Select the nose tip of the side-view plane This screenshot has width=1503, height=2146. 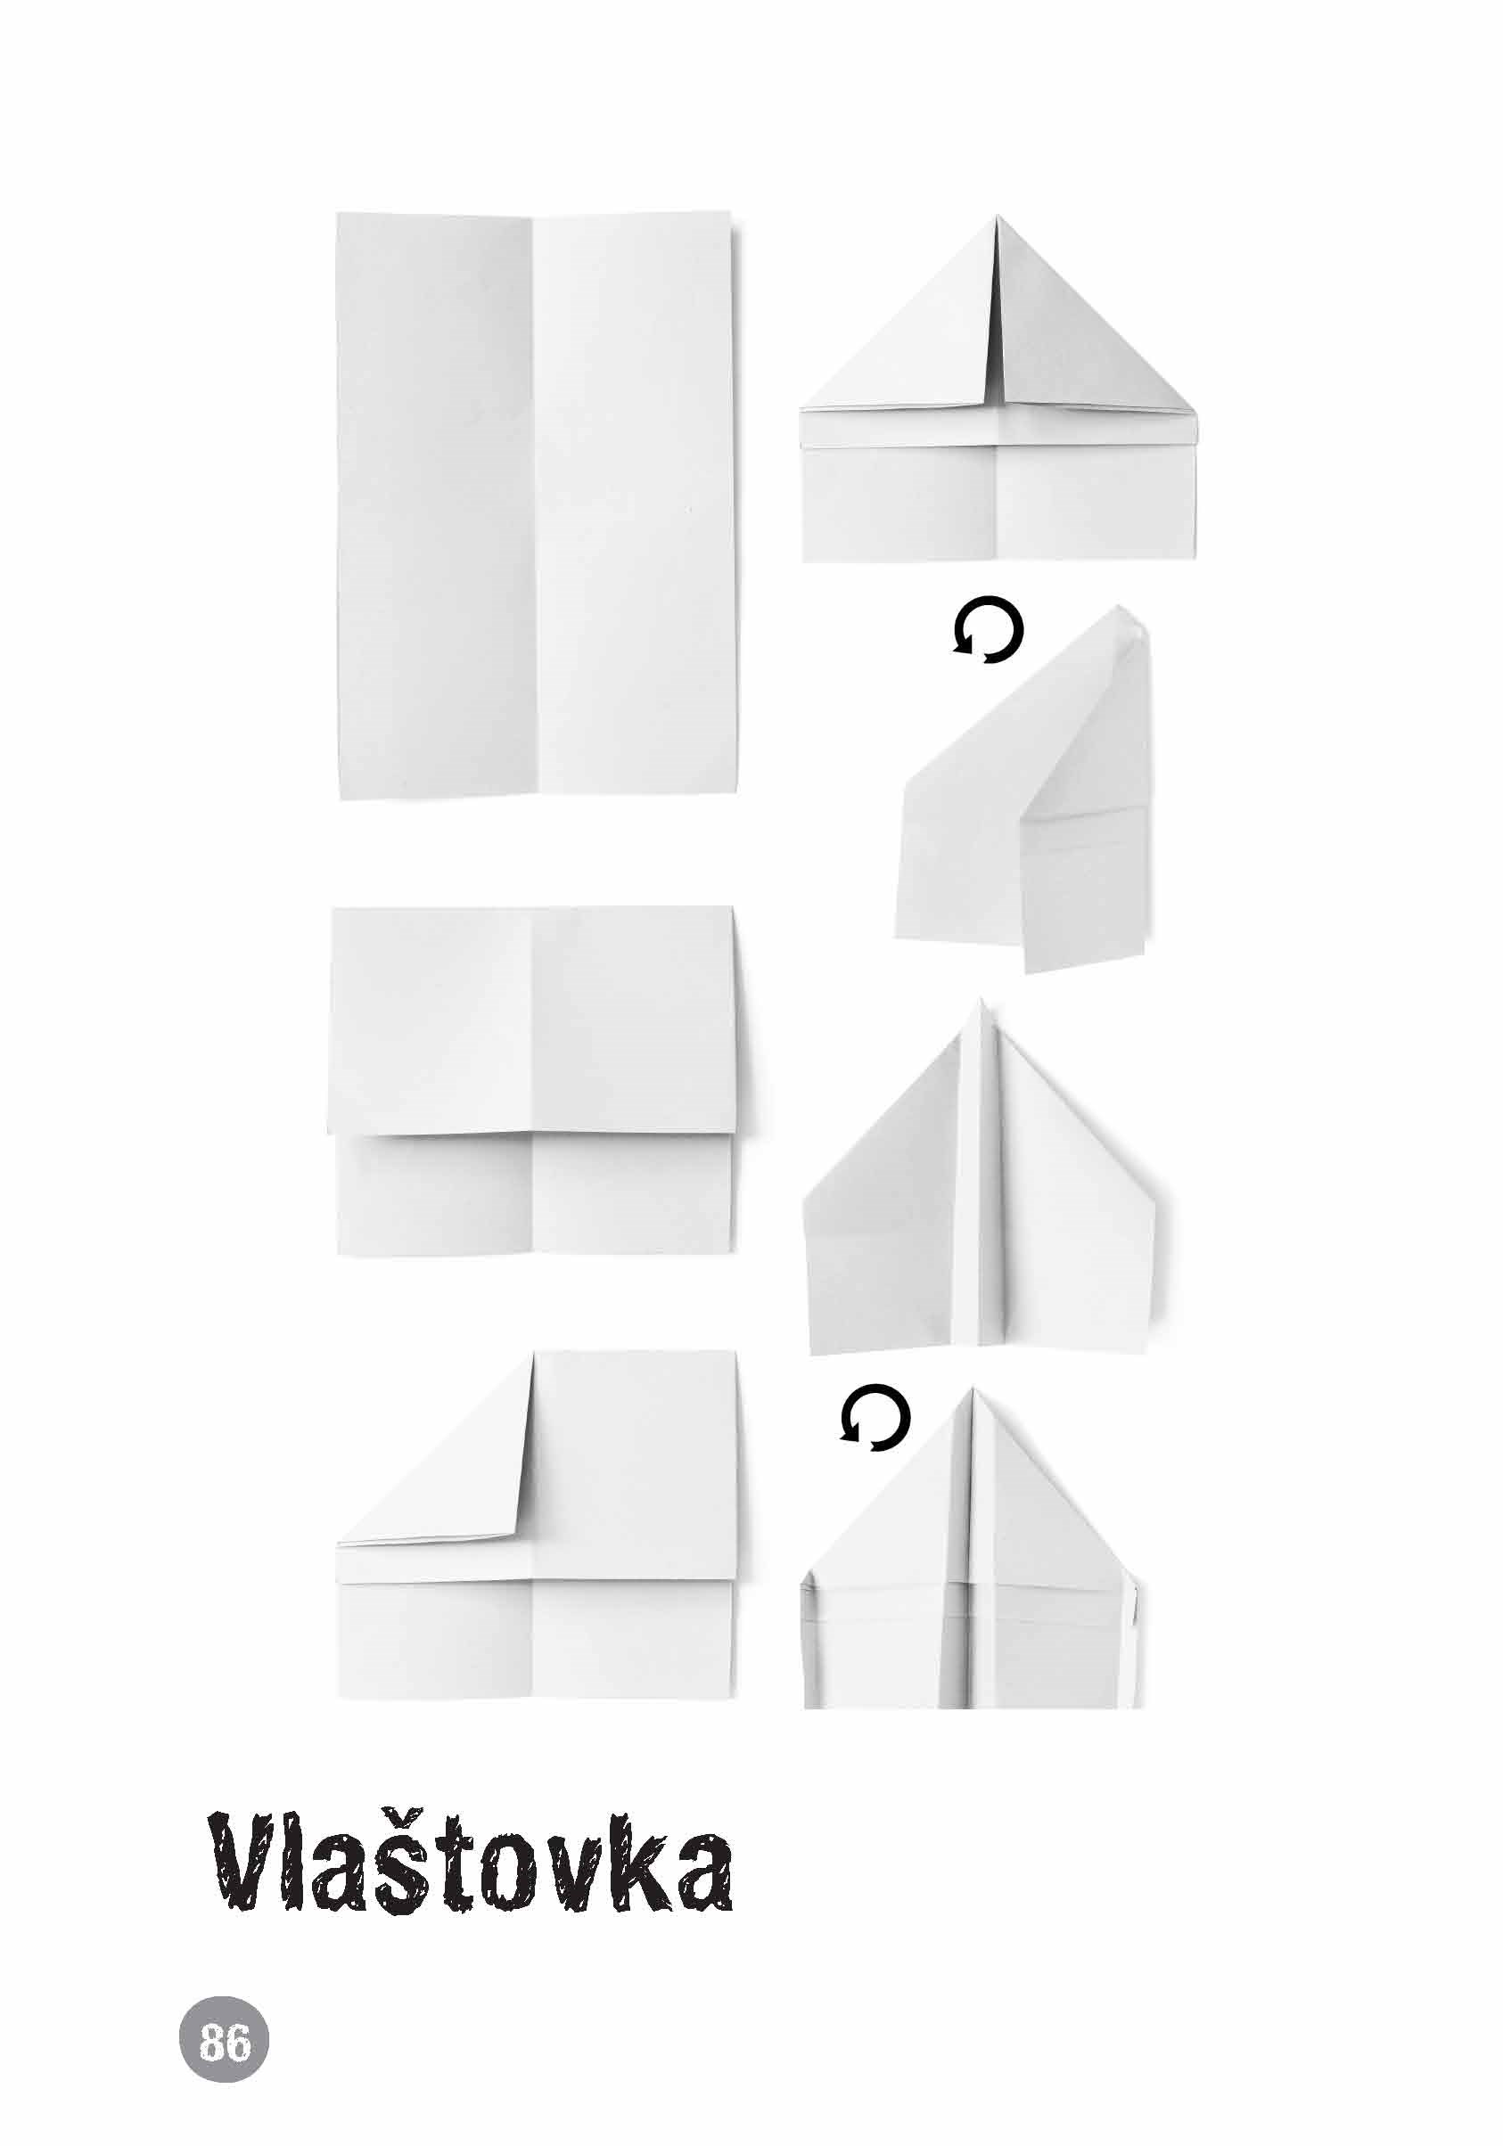(x=1125, y=608)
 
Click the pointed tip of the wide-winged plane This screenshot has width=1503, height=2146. (x=980, y=998)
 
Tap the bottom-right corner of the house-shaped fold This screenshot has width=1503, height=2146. (x=1195, y=560)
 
